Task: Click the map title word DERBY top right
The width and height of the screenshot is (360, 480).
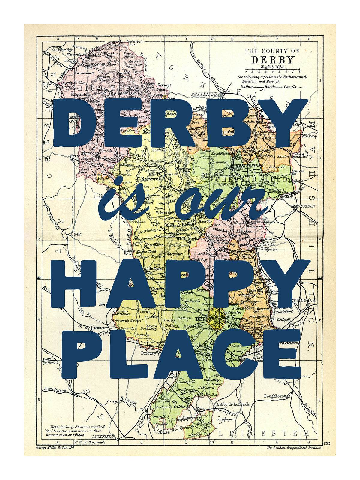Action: (x=272, y=60)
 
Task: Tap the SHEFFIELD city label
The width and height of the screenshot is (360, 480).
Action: (x=204, y=94)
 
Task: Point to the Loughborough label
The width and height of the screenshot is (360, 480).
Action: (x=277, y=396)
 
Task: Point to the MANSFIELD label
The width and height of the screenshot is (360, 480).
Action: (x=303, y=206)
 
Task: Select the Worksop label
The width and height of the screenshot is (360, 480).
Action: (x=309, y=136)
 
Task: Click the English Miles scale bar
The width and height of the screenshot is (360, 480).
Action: (x=272, y=72)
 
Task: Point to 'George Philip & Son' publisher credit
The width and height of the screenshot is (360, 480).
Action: (x=55, y=447)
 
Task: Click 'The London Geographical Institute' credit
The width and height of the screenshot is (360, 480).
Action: (x=294, y=447)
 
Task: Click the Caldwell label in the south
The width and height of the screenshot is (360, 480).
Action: (x=181, y=407)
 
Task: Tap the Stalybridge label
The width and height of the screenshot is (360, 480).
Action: (x=62, y=50)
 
